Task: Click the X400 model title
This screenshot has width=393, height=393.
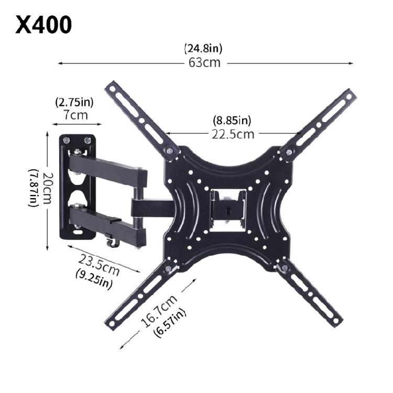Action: click(x=43, y=25)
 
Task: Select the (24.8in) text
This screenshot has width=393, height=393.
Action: click(x=203, y=49)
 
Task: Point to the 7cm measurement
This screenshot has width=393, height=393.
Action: click(x=76, y=115)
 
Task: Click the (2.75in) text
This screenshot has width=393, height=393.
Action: click(x=74, y=102)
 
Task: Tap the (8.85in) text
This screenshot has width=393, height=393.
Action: click(x=232, y=120)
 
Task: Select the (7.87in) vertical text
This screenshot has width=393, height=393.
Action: click(x=34, y=188)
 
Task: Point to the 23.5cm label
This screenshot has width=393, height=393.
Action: click(x=100, y=264)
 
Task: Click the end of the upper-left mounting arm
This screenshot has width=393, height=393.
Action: click(x=112, y=89)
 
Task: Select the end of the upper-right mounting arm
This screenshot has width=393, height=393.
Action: click(x=348, y=97)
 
